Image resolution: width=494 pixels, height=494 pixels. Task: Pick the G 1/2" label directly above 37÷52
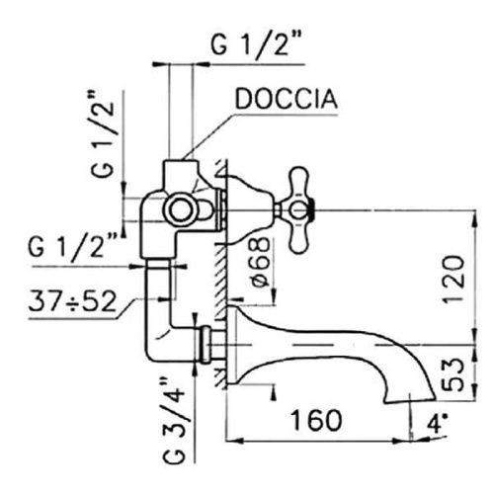[x=73, y=245]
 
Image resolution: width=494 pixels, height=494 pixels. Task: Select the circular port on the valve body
[x=181, y=209]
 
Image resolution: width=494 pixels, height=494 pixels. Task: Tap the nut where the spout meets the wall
[x=208, y=345]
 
